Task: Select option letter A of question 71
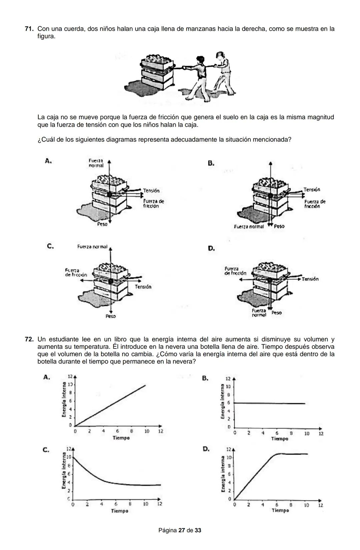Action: point(48,161)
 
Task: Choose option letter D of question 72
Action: point(206,449)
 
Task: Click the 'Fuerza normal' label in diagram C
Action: point(92,247)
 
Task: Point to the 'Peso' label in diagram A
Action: point(102,224)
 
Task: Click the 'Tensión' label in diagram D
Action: point(310,279)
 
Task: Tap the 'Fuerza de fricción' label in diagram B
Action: point(315,204)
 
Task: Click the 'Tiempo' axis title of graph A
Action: point(121,438)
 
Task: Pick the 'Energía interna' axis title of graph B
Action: point(222,401)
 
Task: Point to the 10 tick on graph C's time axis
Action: point(146,504)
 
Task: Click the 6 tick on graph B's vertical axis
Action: point(229,403)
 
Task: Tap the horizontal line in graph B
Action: point(270,403)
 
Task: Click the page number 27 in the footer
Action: point(182,530)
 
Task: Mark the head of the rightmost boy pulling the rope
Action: point(220,55)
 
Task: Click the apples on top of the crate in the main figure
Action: point(157,59)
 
